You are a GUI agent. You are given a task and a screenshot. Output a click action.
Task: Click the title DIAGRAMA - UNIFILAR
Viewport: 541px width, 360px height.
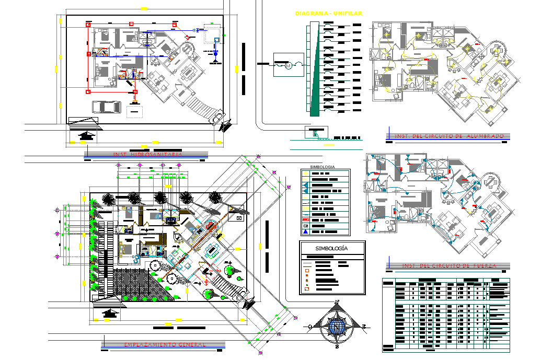tap(328, 13)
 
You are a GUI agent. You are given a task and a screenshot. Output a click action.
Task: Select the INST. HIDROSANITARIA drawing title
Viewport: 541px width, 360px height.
tap(148, 155)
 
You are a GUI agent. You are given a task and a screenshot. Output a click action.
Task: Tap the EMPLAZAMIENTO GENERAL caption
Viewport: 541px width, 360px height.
tap(164, 345)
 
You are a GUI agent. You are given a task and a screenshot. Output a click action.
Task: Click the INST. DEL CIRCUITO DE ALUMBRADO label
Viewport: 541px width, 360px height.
tap(449, 136)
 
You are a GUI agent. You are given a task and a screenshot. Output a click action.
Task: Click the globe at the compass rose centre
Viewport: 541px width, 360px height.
tap(337, 326)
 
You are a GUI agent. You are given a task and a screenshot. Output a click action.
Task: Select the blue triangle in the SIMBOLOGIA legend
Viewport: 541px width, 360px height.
tap(305, 231)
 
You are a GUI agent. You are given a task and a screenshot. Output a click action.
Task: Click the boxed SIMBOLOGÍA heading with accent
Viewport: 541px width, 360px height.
tap(331, 249)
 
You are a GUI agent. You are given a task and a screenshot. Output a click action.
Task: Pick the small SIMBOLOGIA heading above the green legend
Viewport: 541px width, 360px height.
tap(322, 167)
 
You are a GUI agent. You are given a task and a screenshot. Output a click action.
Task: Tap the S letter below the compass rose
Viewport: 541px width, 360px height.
tap(337, 346)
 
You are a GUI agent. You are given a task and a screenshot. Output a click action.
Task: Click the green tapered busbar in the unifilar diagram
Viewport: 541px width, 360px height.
tap(315, 73)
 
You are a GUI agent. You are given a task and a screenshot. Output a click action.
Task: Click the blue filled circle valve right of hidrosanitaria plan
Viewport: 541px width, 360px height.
tap(215, 53)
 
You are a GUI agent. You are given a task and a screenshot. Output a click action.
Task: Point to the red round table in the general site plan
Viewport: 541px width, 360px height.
tap(211, 226)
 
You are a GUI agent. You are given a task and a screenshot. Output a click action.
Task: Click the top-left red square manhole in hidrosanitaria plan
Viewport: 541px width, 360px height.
tap(88, 25)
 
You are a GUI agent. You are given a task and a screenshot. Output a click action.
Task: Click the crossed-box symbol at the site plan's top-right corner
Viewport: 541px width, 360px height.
tap(240, 217)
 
